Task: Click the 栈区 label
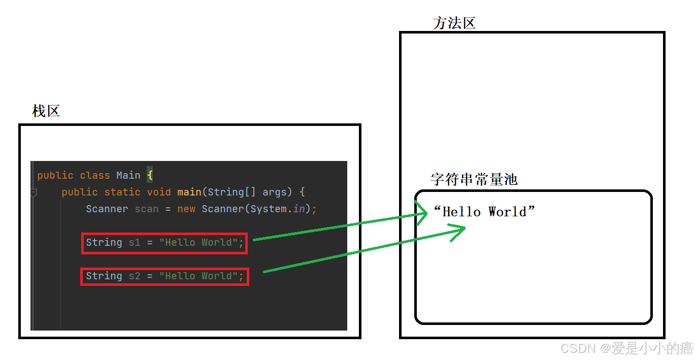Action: tap(46, 111)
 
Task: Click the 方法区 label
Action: tap(454, 23)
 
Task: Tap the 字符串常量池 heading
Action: tap(474, 179)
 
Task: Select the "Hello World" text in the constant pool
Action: tap(484, 212)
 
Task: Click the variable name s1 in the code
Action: tap(135, 242)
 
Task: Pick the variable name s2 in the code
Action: tap(135, 276)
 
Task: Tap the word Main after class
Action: tap(128, 175)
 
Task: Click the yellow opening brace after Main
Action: tap(150, 175)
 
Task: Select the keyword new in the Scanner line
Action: tap(186, 209)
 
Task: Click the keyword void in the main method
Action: tap(159, 192)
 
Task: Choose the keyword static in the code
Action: tap(122, 192)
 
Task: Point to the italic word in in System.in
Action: tap(299, 209)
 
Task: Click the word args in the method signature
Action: tap(275, 192)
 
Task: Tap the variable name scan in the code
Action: tap(146, 209)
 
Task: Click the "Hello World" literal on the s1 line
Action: tap(198, 242)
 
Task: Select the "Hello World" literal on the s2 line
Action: tap(198, 276)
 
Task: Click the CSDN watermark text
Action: tap(627, 348)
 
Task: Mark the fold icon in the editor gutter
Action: tap(34, 193)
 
